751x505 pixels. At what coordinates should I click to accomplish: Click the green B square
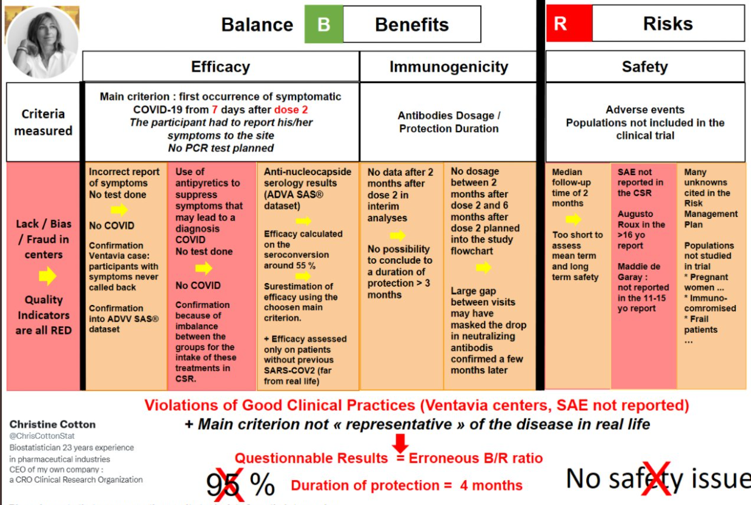[x=324, y=25]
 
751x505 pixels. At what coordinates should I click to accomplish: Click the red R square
[x=568, y=24]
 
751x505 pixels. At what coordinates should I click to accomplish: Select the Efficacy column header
[x=220, y=67]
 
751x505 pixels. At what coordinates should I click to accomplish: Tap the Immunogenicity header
[x=448, y=67]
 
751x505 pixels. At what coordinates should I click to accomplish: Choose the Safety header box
[x=644, y=67]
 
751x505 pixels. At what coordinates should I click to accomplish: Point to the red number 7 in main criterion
[x=215, y=110]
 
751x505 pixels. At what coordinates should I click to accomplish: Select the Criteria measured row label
[x=43, y=122]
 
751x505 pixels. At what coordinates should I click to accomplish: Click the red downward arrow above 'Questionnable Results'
[x=401, y=442]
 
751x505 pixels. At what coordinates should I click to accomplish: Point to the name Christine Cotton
[x=53, y=424]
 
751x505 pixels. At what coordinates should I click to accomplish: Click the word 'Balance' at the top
[x=257, y=25]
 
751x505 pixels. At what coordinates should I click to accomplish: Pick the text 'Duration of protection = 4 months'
[x=406, y=486]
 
